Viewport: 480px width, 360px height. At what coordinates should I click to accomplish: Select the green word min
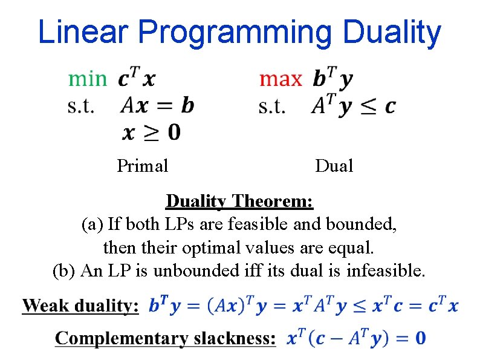coord(87,79)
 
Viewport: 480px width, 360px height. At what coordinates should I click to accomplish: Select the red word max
coord(280,79)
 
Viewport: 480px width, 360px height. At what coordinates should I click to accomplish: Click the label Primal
coord(142,165)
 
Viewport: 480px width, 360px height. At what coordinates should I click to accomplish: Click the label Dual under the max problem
coord(334,165)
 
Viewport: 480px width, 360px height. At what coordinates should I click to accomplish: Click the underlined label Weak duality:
coord(80,306)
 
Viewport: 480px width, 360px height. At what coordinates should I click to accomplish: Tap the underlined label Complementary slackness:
coord(165,338)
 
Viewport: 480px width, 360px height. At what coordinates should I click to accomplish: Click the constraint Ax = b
coord(157,105)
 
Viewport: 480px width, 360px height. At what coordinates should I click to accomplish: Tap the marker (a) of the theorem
coord(92,224)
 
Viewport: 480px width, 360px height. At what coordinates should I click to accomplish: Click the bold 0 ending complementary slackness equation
coord(420,338)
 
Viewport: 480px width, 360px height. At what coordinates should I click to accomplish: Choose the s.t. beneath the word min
coord(80,106)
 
